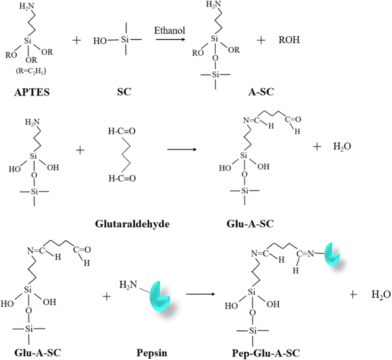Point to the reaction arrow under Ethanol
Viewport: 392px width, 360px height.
coord(171,39)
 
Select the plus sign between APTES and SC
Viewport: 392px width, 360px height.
coord(77,40)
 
